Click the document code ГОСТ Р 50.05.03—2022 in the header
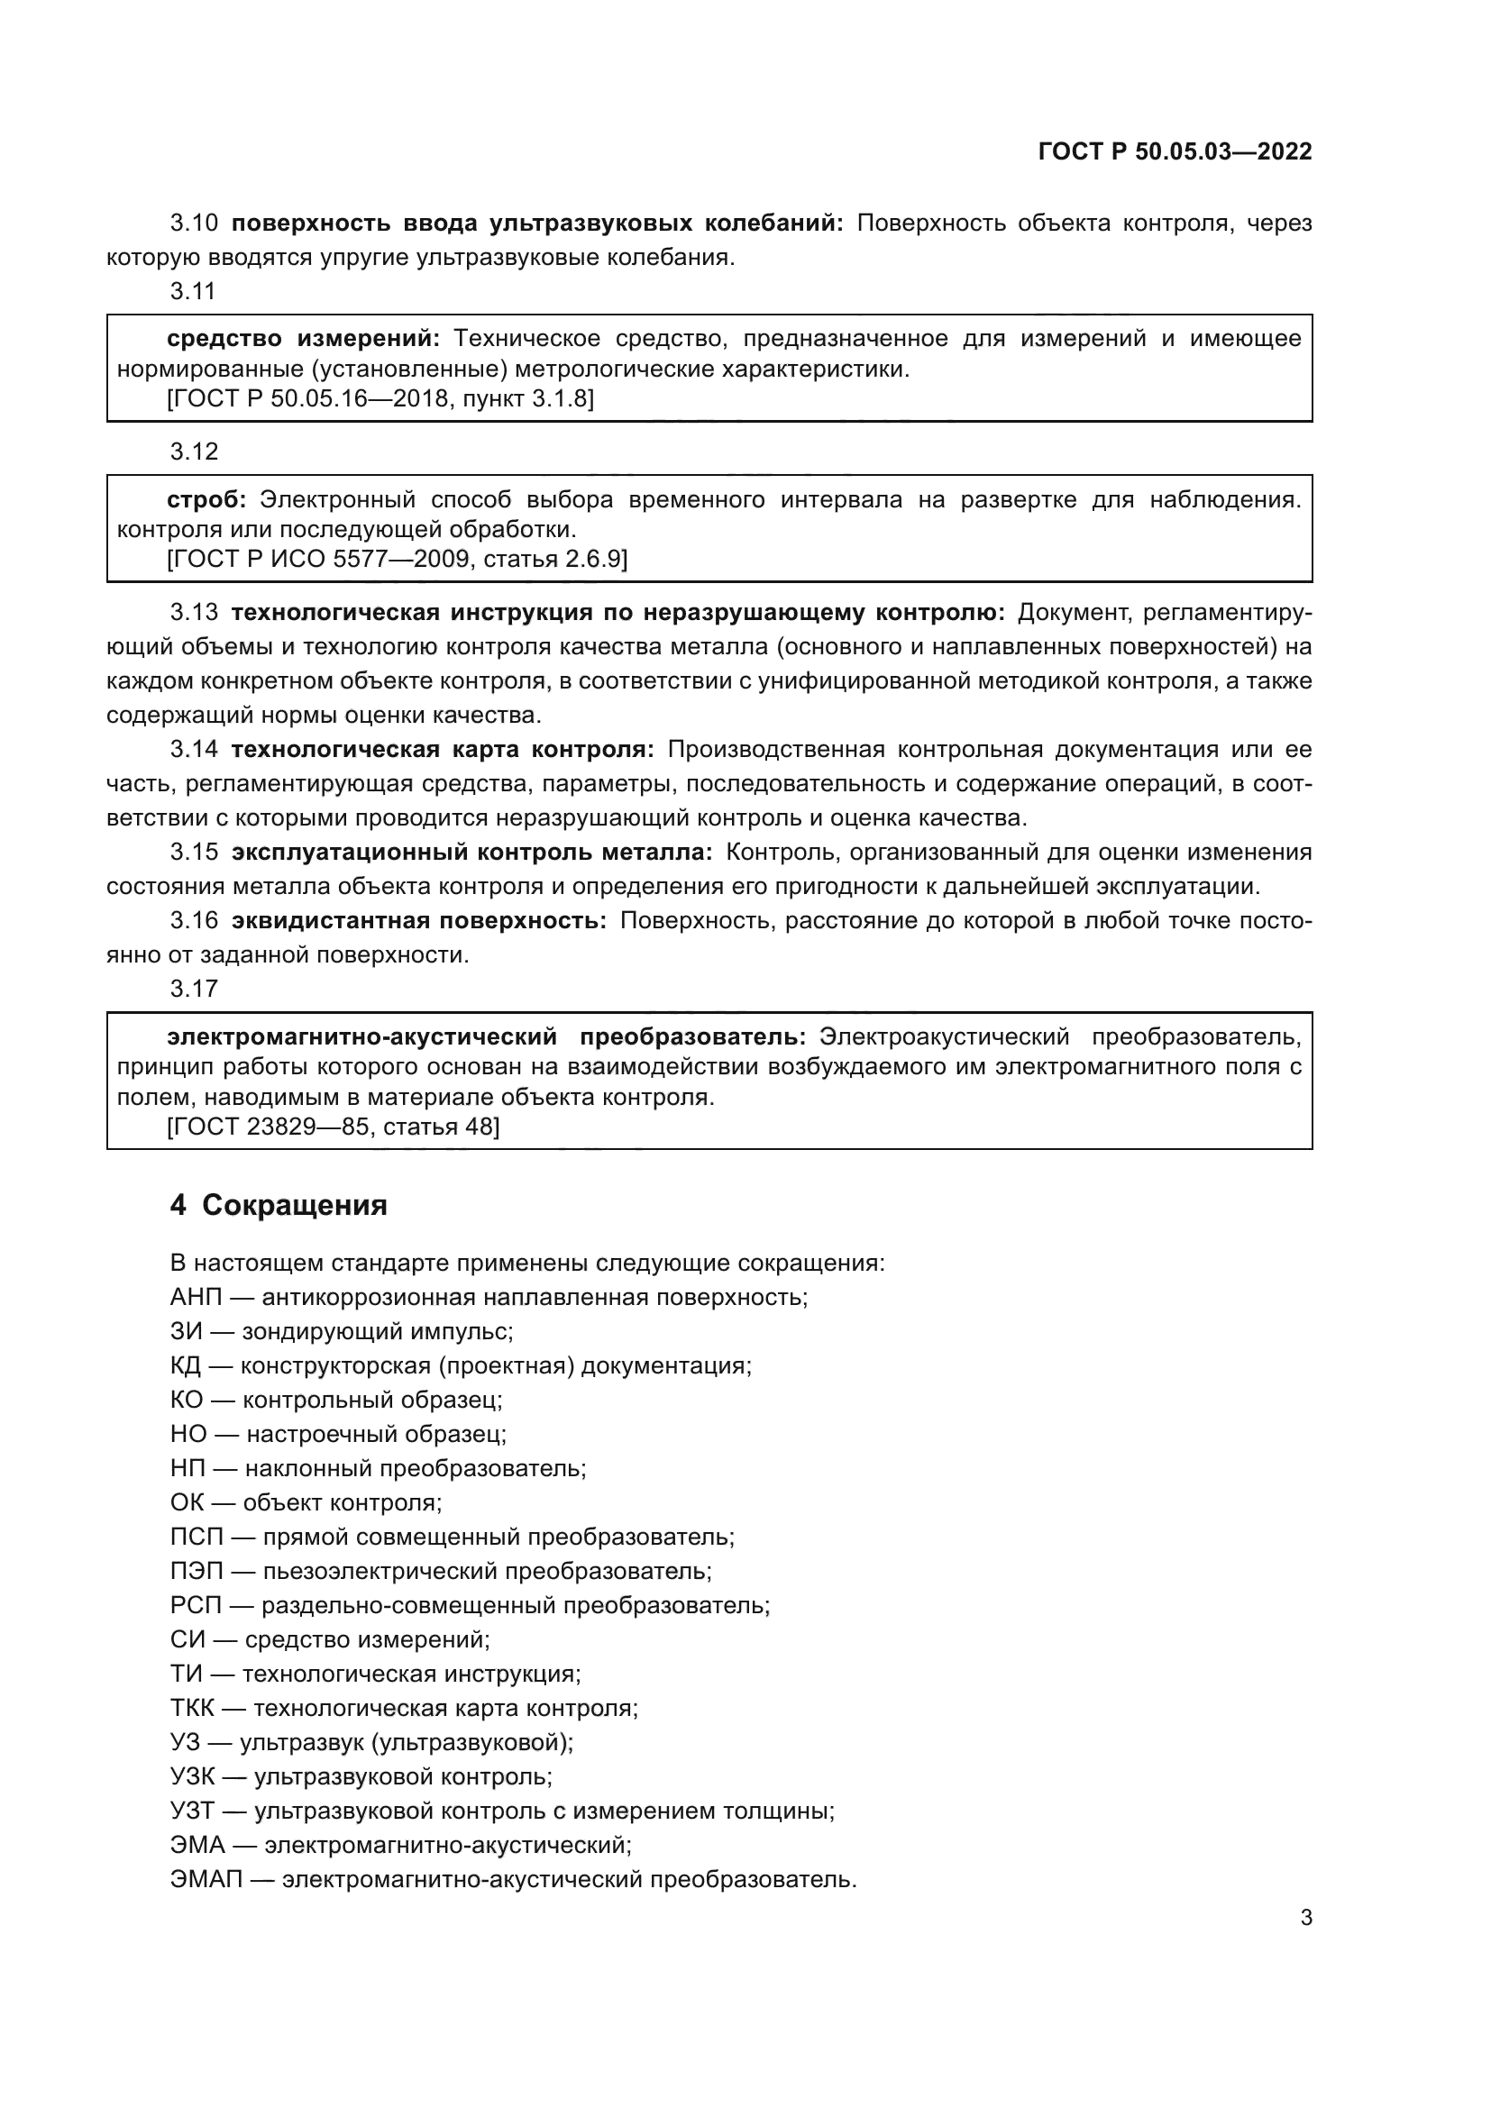pos(1175,151)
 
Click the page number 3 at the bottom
pos(1305,1917)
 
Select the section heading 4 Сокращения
pos(279,1205)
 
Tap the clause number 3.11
pos(193,291)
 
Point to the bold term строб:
pos(206,499)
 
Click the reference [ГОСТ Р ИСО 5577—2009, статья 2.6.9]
pos(397,558)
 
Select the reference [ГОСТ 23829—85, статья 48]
pos(333,1126)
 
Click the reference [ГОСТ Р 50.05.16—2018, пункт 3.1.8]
pos(380,398)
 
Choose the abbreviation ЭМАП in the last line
pos(206,1878)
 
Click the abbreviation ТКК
pos(192,1708)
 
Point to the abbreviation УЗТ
pos(192,1811)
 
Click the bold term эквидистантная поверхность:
pos(418,920)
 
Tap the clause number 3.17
pos(193,988)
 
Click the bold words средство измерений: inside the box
pos(303,339)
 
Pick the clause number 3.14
pos(194,749)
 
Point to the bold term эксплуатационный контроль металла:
pos(471,852)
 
